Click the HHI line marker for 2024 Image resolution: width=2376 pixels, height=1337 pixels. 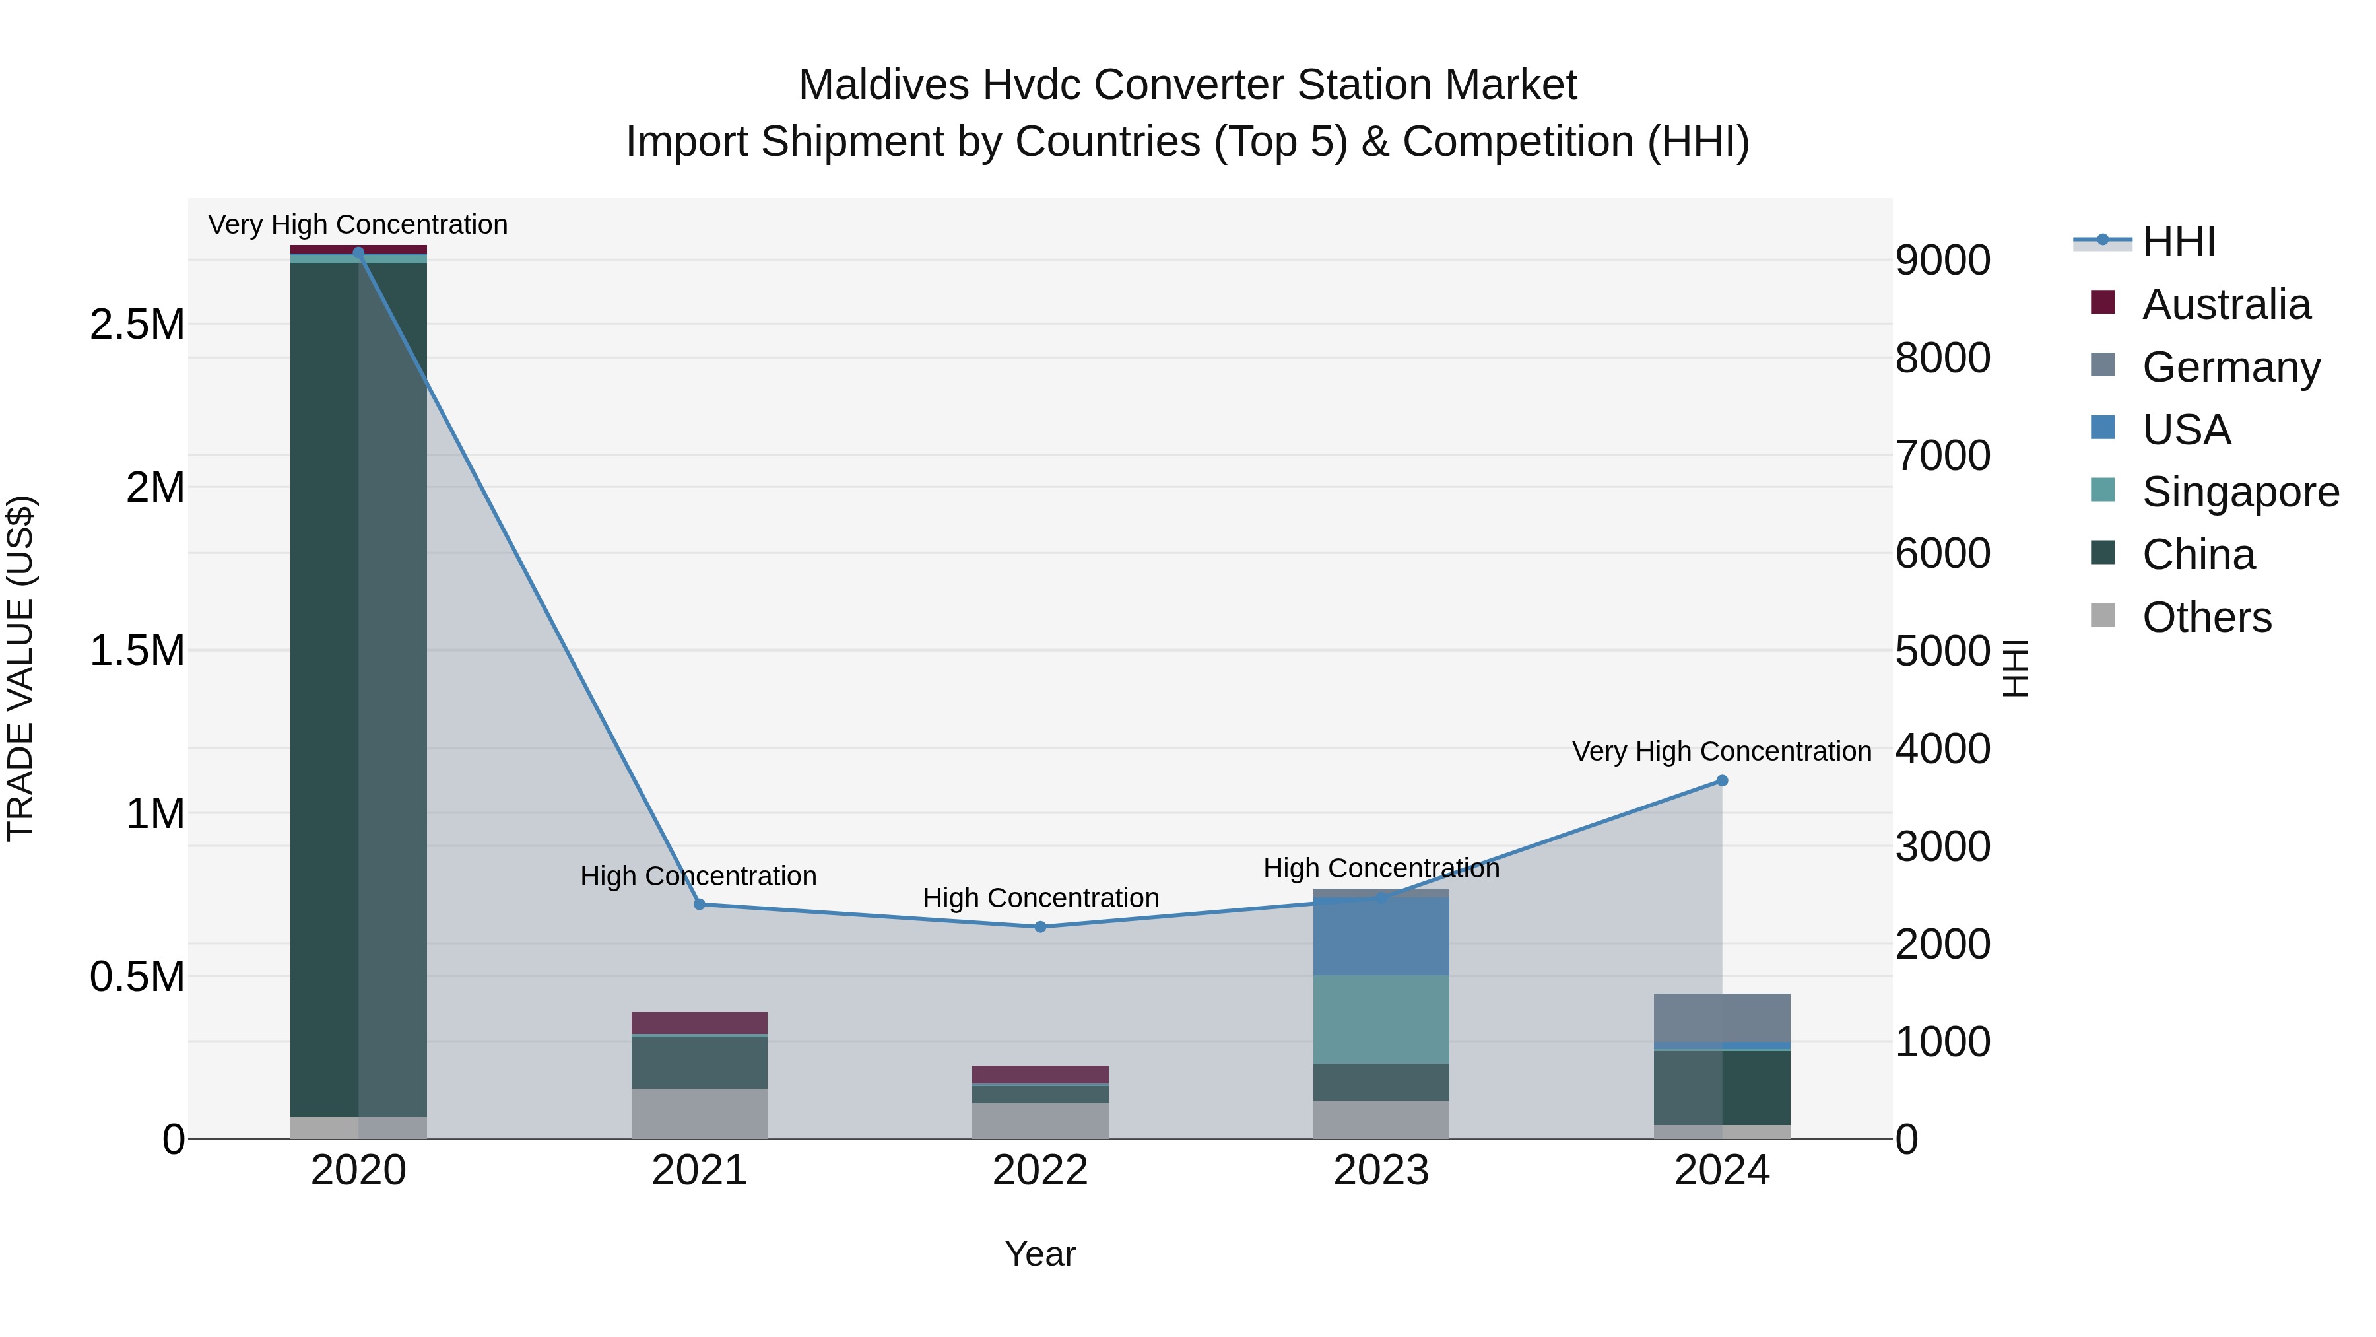1721,780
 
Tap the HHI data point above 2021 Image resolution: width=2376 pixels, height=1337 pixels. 699,905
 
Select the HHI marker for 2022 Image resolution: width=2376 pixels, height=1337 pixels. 1040,926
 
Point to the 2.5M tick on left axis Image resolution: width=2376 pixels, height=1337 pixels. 137,325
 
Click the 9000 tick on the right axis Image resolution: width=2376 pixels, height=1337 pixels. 1942,260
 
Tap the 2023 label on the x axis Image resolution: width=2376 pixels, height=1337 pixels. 1381,1171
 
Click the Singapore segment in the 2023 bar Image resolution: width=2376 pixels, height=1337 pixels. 1381,1019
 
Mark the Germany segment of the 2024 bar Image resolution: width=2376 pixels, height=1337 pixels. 1721,1017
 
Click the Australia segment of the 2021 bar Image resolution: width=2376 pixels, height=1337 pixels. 699,1022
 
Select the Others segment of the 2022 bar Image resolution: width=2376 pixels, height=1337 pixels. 1040,1120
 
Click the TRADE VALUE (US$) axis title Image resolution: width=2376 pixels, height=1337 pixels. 20,668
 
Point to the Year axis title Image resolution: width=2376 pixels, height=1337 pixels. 1039,1254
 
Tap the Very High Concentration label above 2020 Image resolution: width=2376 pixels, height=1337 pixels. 358,224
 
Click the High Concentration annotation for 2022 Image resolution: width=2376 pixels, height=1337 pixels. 1040,898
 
